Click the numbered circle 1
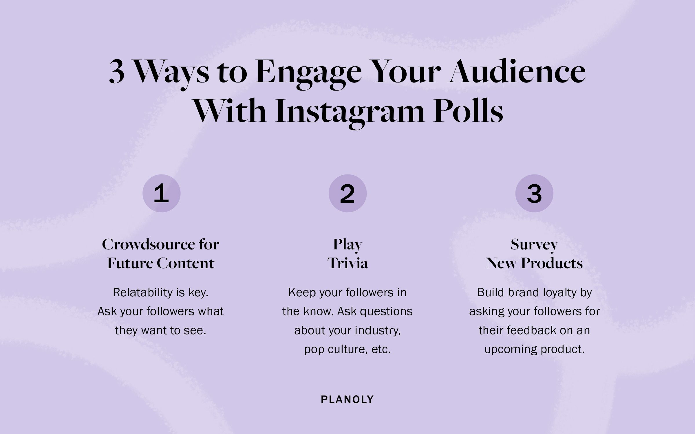(161, 193)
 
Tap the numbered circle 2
(348, 193)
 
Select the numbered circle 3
(534, 193)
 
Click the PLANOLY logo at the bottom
(347, 400)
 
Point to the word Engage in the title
(308, 72)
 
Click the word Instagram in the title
(350, 111)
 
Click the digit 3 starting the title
(117, 72)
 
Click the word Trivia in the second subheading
(348, 263)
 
